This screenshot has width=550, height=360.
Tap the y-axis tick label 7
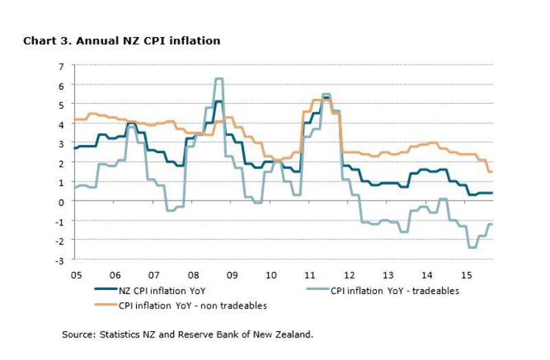point(61,66)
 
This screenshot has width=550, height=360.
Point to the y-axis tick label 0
point(61,201)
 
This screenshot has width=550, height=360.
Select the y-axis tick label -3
point(60,260)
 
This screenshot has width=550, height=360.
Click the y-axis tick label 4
point(61,124)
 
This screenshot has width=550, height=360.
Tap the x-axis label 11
point(309,275)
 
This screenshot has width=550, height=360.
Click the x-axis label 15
point(465,275)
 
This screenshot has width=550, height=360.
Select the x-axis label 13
point(388,275)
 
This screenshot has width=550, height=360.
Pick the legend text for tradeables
point(395,291)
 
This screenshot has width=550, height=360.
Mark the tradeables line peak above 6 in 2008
point(218,79)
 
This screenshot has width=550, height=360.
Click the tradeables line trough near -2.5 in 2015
point(472,247)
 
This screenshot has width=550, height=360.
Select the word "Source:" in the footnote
point(77,335)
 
